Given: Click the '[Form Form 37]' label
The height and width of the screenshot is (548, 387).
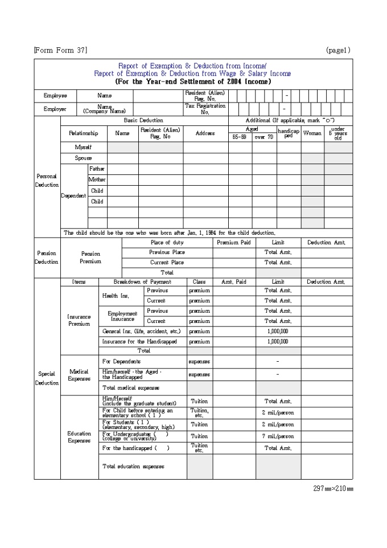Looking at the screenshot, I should (x=61, y=50).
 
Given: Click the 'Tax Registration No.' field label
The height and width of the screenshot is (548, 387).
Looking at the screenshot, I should (x=205, y=109).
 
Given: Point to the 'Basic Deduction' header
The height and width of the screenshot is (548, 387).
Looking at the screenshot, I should (x=143, y=121).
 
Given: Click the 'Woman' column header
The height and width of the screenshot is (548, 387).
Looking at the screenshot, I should (x=312, y=133).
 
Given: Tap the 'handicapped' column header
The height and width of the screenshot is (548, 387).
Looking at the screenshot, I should (x=289, y=133).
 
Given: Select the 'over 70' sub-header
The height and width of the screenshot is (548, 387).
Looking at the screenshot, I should (x=264, y=137).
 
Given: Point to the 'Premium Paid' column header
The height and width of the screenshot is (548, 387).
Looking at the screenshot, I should (x=234, y=243).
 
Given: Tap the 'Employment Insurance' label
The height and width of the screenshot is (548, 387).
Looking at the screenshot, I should (x=122, y=316).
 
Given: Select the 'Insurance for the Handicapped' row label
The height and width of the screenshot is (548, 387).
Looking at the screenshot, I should (x=139, y=342).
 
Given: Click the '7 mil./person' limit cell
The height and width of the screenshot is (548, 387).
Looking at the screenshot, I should (x=278, y=436).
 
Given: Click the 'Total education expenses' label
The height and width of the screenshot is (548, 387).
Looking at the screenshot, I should (x=133, y=467).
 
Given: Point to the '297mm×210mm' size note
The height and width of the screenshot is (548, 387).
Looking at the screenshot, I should (x=333, y=489).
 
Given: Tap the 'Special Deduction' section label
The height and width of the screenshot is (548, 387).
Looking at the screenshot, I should (x=47, y=378).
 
